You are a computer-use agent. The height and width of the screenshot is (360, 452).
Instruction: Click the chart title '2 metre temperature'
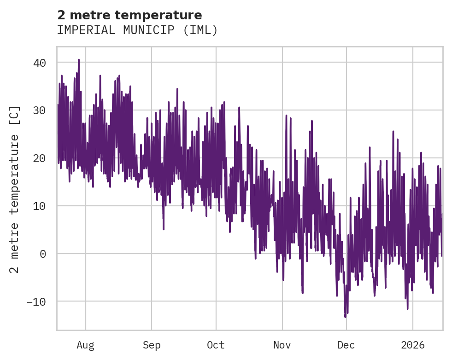(x=129, y=15)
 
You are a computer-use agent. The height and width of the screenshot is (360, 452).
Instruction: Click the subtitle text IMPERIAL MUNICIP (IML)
(x=137, y=30)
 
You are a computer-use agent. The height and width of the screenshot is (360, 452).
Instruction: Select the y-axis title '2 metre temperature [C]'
(x=15, y=189)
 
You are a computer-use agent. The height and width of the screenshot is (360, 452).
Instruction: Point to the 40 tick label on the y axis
(x=40, y=63)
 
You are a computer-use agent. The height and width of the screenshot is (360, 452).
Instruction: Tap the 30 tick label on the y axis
(x=40, y=110)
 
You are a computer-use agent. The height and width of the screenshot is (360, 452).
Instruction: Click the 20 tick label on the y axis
(x=40, y=158)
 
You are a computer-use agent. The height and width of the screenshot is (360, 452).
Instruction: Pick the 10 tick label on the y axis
(x=40, y=206)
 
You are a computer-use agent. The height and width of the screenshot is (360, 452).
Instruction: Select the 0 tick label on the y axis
(x=43, y=254)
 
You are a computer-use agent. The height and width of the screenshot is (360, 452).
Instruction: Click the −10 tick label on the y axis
(x=36, y=302)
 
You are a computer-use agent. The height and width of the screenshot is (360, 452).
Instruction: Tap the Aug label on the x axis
(x=86, y=345)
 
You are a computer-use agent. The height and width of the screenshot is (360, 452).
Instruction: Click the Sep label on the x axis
(x=152, y=345)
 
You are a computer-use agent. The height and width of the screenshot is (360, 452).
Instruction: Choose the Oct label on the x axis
(x=216, y=345)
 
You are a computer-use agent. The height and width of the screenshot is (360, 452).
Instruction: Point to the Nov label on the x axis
(x=282, y=345)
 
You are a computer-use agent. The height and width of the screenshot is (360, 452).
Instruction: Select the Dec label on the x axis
(x=346, y=345)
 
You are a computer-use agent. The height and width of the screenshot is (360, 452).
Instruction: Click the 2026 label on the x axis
(x=413, y=345)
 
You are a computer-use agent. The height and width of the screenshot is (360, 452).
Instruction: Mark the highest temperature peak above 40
(x=79, y=60)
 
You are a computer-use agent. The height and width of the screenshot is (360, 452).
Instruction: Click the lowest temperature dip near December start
(x=345, y=316)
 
